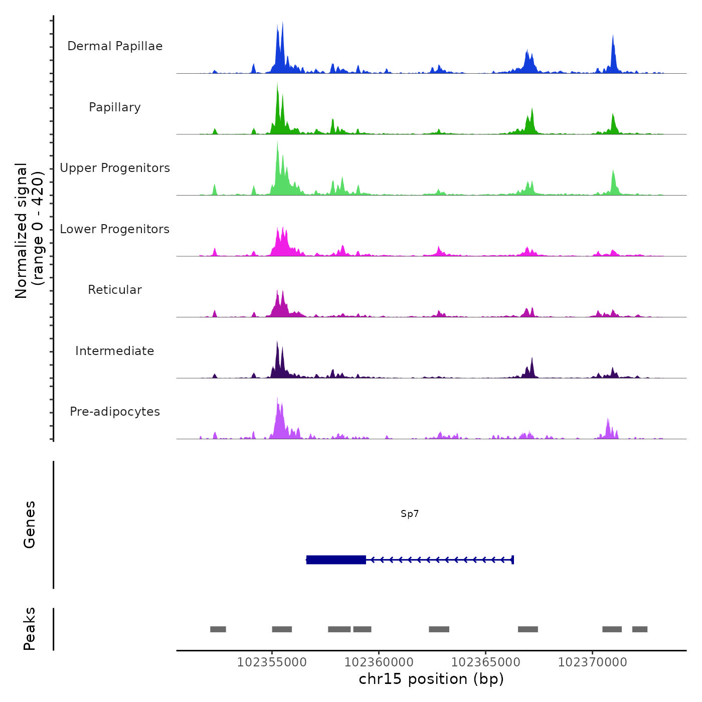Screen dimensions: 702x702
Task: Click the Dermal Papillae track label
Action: coord(115,46)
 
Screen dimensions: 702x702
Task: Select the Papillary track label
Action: coord(115,107)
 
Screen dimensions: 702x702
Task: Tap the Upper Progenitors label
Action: coord(115,168)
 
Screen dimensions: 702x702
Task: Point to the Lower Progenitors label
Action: coord(115,229)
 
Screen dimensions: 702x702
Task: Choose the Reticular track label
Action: coord(115,290)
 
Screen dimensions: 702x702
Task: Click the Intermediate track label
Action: coord(115,351)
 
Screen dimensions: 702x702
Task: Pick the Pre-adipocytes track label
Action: coord(115,412)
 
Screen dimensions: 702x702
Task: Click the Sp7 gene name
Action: coord(410,514)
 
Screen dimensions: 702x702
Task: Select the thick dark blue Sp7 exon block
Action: coord(336,560)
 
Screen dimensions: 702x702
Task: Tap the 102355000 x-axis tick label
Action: coord(272,662)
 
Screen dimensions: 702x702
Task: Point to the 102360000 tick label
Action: coord(379,662)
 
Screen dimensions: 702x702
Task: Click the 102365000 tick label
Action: coord(485,662)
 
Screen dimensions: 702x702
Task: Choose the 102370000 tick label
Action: coord(592,662)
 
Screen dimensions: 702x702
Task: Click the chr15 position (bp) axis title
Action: coord(431,679)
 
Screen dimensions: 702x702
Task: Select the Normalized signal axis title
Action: coord(29,231)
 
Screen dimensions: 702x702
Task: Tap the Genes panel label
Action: coord(30,524)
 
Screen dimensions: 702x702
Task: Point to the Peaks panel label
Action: coord(30,629)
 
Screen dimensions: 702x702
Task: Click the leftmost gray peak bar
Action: coord(218,629)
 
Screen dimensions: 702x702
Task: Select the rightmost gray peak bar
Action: coord(639,629)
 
